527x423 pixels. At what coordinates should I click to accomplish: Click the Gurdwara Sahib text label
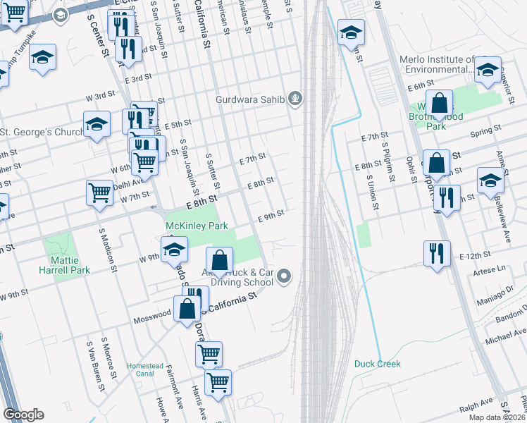(x=250, y=99)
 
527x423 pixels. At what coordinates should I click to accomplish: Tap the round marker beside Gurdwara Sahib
(x=296, y=99)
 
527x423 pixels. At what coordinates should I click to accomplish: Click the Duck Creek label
(x=377, y=364)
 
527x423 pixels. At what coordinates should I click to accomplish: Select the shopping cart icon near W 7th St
(x=99, y=191)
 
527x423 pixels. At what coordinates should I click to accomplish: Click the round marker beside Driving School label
(x=284, y=276)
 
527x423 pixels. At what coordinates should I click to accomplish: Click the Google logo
(x=23, y=415)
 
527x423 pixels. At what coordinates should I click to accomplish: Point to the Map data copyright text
(x=497, y=417)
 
